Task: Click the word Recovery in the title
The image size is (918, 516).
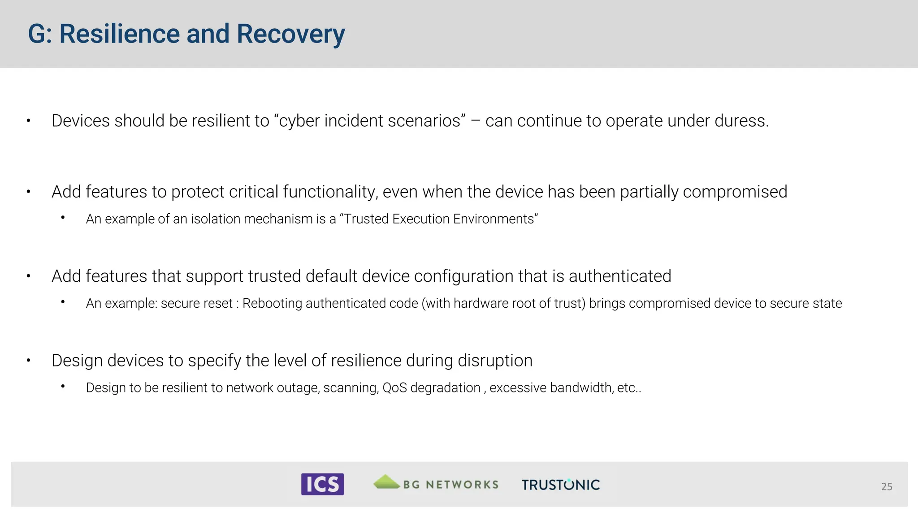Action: (x=290, y=34)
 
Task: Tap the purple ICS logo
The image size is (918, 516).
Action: (x=322, y=484)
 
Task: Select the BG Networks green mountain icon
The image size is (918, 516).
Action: (x=386, y=482)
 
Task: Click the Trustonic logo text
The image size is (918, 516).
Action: (x=560, y=485)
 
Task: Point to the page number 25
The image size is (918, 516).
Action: (x=886, y=486)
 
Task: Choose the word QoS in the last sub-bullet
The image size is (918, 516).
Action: (x=394, y=387)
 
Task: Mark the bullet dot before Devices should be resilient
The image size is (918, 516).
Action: (x=28, y=121)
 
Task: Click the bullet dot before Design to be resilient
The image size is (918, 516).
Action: (x=63, y=386)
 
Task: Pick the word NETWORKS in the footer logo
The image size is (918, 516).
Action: (x=462, y=485)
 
